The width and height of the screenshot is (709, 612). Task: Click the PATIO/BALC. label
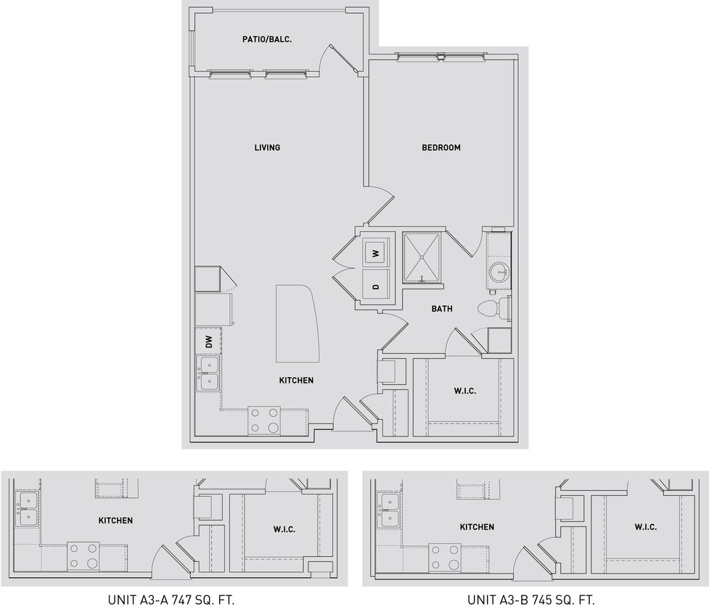pos(267,39)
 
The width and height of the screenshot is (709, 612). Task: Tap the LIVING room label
pos(267,148)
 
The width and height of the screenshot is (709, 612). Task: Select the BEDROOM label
pos(441,148)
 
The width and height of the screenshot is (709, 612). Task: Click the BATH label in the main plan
pos(442,309)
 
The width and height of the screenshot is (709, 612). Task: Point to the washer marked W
pos(376,253)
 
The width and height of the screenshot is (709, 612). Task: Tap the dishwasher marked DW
pos(208,342)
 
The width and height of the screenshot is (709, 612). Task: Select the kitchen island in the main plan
pos(298,323)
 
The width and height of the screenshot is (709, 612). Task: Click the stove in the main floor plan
pos(264,420)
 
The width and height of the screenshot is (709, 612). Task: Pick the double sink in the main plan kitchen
pos(208,373)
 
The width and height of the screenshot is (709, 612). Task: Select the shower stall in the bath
pos(422,257)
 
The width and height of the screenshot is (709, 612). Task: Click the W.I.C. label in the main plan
pos(464,392)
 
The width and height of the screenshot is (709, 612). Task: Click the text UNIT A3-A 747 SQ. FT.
pos(171,600)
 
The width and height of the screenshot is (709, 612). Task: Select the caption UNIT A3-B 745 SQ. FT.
pos(531,600)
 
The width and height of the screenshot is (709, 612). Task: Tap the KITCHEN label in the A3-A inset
pos(115,521)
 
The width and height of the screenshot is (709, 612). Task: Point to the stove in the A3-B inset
pos(444,558)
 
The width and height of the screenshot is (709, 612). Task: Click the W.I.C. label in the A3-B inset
pos(645,527)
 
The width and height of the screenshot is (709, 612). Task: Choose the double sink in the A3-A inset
pos(27,509)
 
